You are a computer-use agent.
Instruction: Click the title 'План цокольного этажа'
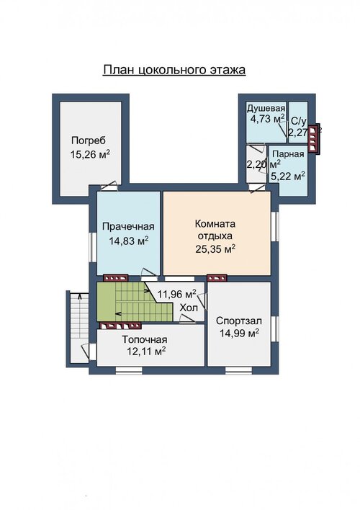[x=174, y=70]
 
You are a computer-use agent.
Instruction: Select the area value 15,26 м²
[x=90, y=154]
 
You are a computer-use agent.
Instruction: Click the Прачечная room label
[x=128, y=226]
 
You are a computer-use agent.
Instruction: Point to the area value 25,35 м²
[x=215, y=249]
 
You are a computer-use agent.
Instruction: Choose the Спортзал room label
[x=239, y=321]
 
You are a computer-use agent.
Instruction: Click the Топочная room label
[x=145, y=339]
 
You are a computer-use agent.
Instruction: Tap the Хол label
[x=189, y=308]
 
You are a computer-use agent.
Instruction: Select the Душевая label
[x=266, y=108]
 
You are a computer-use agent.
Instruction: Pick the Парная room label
[x=288, y=154]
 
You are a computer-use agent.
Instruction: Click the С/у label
[x=299, y=121]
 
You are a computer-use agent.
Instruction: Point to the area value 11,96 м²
[x=177, y=294]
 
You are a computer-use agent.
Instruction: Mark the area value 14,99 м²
[x=239, y=334]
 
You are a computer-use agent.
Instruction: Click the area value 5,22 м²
[x=288, y=176]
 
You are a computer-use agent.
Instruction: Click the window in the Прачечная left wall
[x=93, y=247]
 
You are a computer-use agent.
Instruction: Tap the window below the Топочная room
[x=129, y=370]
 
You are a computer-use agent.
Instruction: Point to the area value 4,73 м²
[x=267, y=119]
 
